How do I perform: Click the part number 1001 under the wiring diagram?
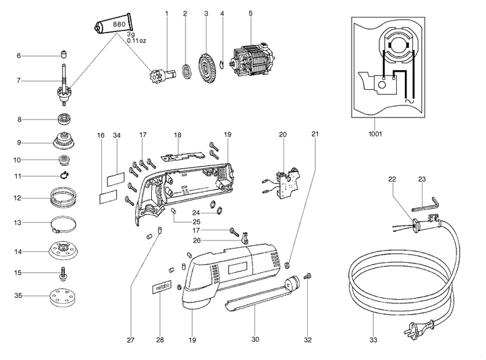(x=375, y=134)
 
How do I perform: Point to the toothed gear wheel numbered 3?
(x=205, y=66)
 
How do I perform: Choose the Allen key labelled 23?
(x=428, y=200)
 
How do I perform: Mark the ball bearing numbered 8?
(x=65, y=120)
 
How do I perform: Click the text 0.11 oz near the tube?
(x=140, y=40)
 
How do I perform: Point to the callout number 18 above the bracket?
(x=177, y=135)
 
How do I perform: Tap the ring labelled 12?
(x=65, y=199)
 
